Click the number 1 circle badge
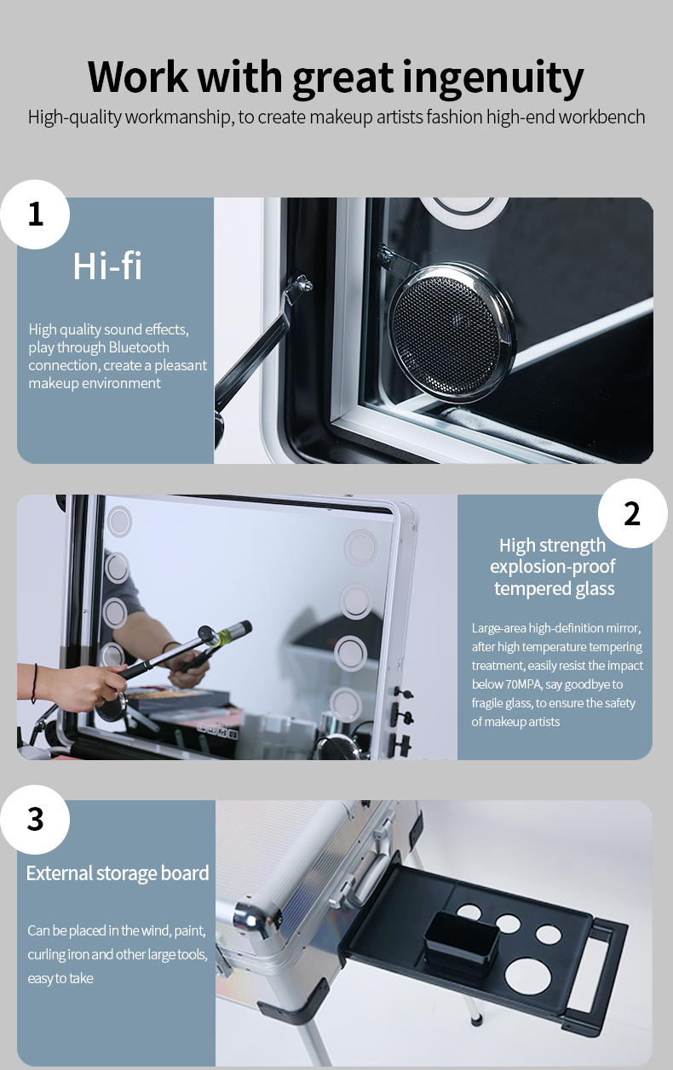(x=35, y=215)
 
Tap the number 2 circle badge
(x=632, y=513)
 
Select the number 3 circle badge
(x=35, y=820)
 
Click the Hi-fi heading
(x=107, y=266)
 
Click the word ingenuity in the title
(x=492, y=77)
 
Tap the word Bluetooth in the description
(x=139, y=347)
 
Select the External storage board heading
(x=118, y=873)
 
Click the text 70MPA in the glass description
(x=524, y=684)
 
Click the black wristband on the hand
(x=34, y=683)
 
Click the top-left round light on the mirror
(x=119, y=521)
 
